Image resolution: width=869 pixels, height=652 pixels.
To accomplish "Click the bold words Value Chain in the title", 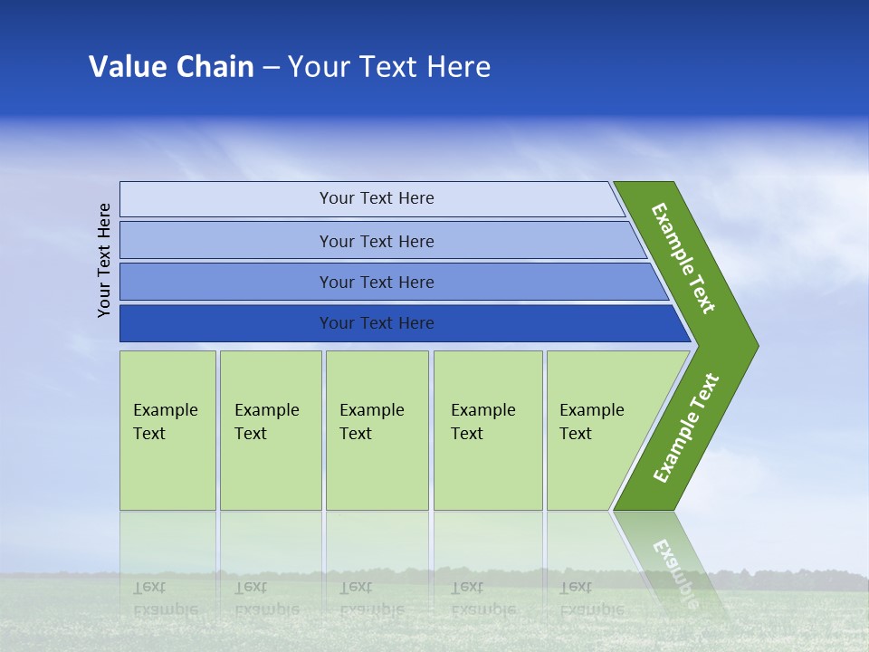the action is click(171, 66).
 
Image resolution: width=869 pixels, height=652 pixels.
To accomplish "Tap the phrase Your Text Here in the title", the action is click(389, 66).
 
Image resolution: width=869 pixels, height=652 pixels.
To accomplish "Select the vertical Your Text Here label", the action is click(104, 260).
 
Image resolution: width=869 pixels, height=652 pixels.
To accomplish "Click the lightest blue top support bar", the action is click(372, 198).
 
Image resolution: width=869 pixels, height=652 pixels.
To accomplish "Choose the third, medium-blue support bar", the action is click(394, 282).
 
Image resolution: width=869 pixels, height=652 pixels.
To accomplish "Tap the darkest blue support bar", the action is click(406, 323).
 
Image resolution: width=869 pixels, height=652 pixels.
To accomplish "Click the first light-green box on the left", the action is click(168, 430).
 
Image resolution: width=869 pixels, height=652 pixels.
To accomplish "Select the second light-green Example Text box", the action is click(271, 430).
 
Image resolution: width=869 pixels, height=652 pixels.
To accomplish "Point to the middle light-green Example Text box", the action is click(377, 430).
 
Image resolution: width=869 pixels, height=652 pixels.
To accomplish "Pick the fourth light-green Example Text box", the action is click(488, 430).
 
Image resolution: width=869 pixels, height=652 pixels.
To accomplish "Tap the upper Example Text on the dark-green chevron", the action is click(683, 258).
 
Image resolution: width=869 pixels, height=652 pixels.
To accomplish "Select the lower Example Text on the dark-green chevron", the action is click(686, 427).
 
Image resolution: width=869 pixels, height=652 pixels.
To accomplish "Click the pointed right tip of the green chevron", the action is click(759, 346).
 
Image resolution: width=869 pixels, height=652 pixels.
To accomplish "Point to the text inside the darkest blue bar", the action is click(377, 322).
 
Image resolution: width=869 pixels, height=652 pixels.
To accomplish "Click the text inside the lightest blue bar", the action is click(377, 198).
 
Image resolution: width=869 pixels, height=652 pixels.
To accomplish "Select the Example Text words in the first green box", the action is click(165, 421).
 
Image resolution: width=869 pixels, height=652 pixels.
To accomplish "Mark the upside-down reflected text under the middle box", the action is click(372, 598).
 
